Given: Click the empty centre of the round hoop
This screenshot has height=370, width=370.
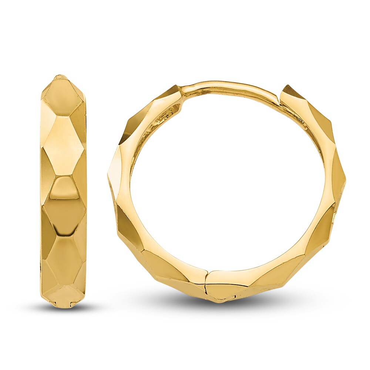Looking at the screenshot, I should (228, 185).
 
